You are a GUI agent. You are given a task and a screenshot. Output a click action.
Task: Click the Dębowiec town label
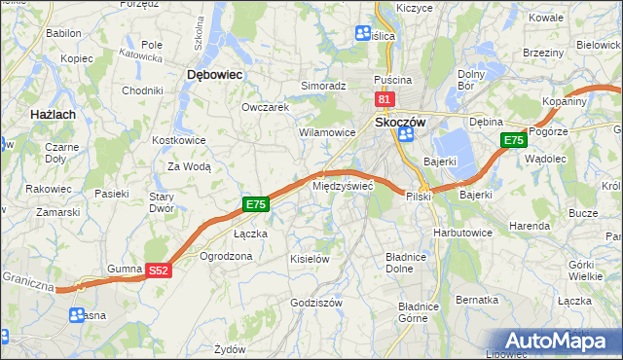(x=213, y=73)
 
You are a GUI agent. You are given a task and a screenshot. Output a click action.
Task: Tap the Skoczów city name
(x=400, y=122)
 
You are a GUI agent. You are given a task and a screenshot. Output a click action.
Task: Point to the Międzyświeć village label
(x=341, y=185)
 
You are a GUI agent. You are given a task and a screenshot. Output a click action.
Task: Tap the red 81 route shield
(x=384, y=99)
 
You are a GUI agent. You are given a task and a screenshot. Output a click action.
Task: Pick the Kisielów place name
(x=310, y=259)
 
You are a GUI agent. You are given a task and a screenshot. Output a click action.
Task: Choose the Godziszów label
(x=316, y=303)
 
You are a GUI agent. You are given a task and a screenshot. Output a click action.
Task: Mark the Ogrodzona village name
(x=226, y=256)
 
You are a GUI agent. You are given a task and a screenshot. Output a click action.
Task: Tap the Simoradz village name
(x=323, y=86)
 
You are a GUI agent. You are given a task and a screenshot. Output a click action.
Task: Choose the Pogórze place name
(x=562, y=131)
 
